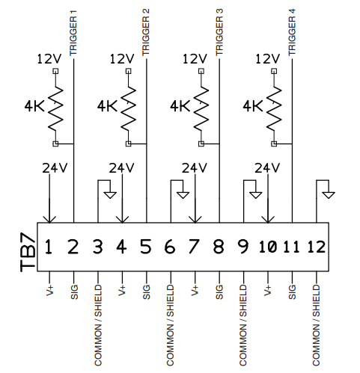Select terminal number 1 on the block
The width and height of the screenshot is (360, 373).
pyautogui.click(x=49, y=246)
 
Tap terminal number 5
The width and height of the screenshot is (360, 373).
pyautogui.click(x=146, y=246)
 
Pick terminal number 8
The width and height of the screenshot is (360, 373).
pyautogui.click(x=219, y=246)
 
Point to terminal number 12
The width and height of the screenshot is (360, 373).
pyautogui.click(x=317, y=246)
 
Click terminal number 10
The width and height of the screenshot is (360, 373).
pyautogui.click(x=267, y=246)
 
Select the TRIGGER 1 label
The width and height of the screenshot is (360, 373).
pyautogui.click(x=73, y=34)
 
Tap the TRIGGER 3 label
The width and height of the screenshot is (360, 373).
pyautogui.click(x=219, y=34)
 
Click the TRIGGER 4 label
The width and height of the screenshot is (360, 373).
pyautogui.click(x=292, y=34)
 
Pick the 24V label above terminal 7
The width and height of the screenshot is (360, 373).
pyautogui.click(x=194, y=167)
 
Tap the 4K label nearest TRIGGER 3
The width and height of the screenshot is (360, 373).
pyautogui.click(x=180, y=106)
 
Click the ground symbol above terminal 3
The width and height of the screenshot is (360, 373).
pyautogui.click(x=110, y=194)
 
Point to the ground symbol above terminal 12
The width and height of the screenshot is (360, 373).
pyautogui.click(x=329, y=194)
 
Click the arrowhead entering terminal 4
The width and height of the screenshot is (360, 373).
pyautogui.click(x=121, y=218)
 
